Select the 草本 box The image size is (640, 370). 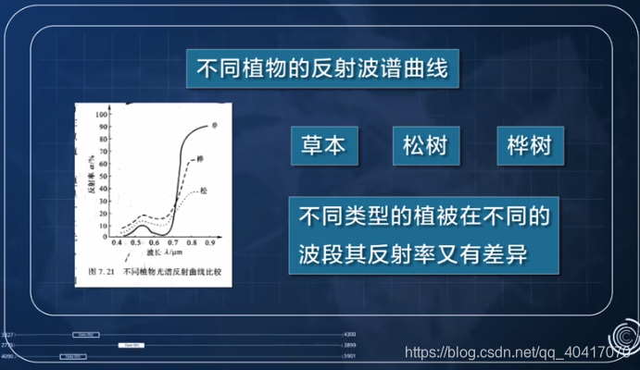(322, 146)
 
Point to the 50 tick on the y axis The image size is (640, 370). (104, 170)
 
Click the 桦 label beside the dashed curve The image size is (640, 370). (201, 160)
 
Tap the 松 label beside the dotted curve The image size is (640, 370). (203, 191)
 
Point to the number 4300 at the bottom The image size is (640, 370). (349, 334)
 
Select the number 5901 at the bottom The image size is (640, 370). (349, 356)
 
